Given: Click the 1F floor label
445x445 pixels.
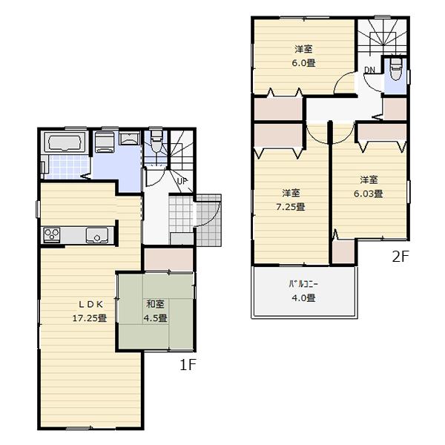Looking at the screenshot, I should (187, 365).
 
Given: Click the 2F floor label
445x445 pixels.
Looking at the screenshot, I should (400, 257).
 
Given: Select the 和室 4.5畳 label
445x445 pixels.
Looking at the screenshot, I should (156, 311).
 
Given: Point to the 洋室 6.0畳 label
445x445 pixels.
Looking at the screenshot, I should (304, 56).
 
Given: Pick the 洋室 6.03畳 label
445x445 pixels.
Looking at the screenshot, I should (370, 187).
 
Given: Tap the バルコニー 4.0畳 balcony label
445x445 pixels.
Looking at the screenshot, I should (303, 291).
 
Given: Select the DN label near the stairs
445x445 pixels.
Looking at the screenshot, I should (369, 70).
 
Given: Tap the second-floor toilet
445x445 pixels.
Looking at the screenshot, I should (395, 73).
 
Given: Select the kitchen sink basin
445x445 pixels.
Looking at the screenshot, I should (97, 236).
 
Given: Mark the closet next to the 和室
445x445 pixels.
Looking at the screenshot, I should (168, 260).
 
